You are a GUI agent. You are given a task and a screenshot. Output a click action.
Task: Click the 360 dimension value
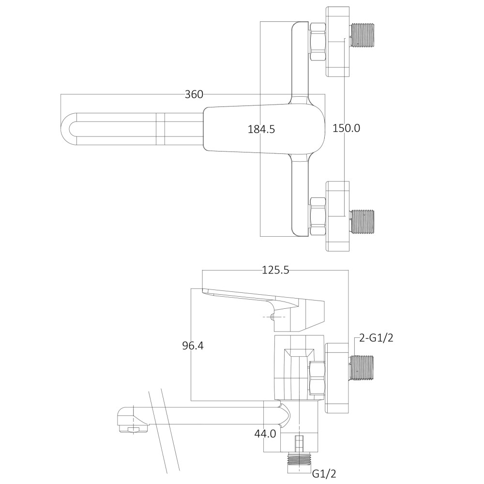point(194,94)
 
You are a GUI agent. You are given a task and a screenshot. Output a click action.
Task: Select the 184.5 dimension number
point(261,129)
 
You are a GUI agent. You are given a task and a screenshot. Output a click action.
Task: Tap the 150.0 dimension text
point(346,128)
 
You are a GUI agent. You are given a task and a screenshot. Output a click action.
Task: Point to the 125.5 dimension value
point(275,271)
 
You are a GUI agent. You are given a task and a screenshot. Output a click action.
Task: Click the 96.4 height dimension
point(193,346)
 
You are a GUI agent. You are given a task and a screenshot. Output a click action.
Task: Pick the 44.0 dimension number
point(265,434)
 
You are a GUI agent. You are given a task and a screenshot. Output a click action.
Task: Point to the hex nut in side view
point(317,378)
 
